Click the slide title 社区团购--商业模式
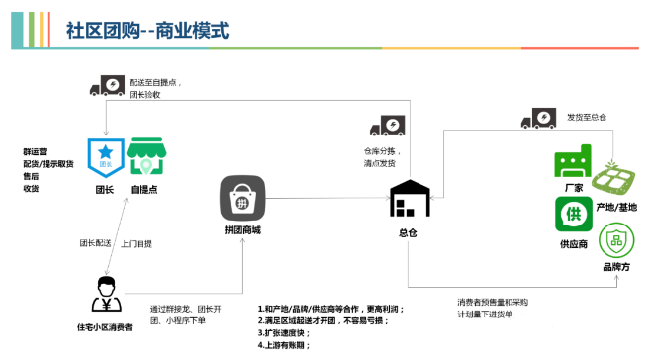tap(146, 30)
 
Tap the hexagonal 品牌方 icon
tap(618, 237)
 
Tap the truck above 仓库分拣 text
tap(387, 127)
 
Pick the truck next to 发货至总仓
tap(535, 119)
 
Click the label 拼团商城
tap(242, 230)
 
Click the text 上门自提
tap(136, 242)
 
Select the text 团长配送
tap(96, 242)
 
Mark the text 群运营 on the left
tap(36, 151)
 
